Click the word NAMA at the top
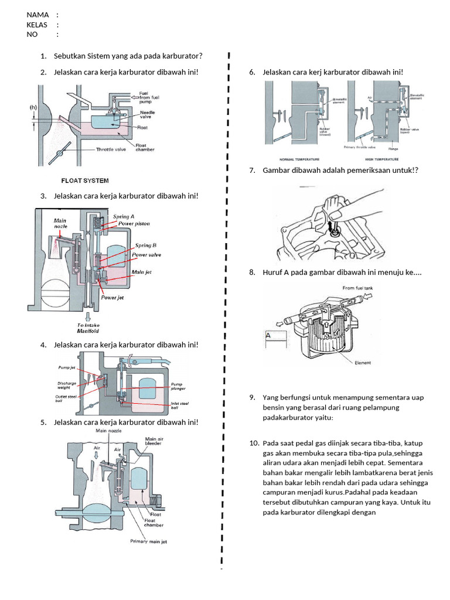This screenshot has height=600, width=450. (x=37, y=15)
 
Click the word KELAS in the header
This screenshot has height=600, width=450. (x=37, y=25)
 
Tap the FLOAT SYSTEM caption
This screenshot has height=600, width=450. (x=85, y=180)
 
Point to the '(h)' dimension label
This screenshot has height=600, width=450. (x=33, y=107)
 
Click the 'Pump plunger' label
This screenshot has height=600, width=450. (x=178, y=387)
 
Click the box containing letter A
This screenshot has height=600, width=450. (x=276, y=340)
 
